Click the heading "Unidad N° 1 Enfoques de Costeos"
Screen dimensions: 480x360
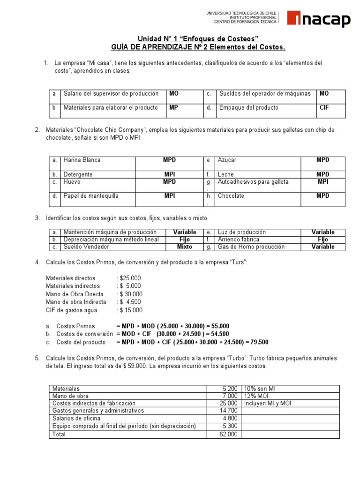(x=197, y=38)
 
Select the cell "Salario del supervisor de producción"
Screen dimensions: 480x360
(x=111, y=94)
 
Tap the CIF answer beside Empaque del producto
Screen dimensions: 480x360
(x=324, y=108)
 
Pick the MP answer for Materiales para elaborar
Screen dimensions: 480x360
(x=174, y=108)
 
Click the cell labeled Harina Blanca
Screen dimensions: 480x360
(x=82, y=160)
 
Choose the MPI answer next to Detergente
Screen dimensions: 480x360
(x=169, y=174)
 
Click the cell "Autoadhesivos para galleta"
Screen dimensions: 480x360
(x=253, y=182)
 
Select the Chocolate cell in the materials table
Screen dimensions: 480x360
(x=231, y=196)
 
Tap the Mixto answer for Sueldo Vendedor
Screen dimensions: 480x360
(x=184, y=247)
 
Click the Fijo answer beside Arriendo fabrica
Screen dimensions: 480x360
(x=323, y=240)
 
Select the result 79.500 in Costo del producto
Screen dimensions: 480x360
(x=259, y=342)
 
